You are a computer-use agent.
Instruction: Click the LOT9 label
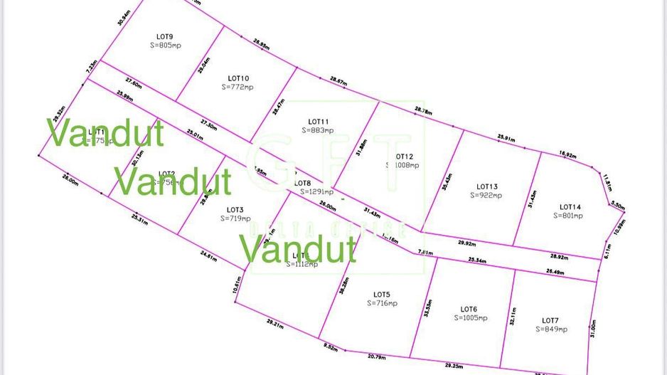[x=165, y=36]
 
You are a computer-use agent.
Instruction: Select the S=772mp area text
[x=237, y=87]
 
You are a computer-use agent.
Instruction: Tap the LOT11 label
[x=317, y=122]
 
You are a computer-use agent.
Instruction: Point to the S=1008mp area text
[x=402, y=165]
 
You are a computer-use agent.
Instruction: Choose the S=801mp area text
[x=570, y=215]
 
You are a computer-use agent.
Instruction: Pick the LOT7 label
[x=552, y=320]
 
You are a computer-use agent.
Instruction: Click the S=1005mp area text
[x=471, y=318]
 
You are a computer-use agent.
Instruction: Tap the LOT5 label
[x=382, y=294]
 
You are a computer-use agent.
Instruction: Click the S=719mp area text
[x=235, y=218]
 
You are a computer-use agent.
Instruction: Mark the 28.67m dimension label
[x=338, y=82]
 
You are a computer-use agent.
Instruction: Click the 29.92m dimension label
[x=467, y=243]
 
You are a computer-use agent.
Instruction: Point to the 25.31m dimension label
[x=139, y=221]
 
